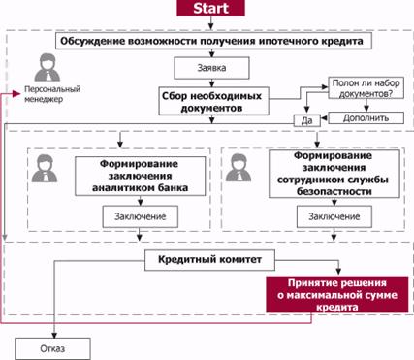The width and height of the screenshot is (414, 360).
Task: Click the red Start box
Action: point(210,8)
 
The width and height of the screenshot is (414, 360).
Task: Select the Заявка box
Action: point(211,68)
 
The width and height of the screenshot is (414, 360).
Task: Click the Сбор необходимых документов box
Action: point(213,101)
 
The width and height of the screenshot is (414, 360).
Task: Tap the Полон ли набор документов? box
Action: point(366,88)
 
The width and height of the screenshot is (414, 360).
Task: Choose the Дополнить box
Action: point(366,118)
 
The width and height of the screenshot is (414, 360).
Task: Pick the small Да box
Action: point(306,120)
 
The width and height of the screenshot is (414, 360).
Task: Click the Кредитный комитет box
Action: point(209,260)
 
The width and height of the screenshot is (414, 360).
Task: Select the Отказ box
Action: point(52,348)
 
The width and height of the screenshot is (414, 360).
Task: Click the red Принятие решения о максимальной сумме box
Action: point(336,295)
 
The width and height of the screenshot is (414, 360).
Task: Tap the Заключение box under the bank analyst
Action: point(141,216)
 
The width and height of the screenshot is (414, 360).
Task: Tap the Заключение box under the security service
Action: point(334,216)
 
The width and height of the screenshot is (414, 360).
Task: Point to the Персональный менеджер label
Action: point(52,94)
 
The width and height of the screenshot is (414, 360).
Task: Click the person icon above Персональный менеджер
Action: point(48,67)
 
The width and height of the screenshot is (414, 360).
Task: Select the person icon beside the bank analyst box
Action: point(45,169)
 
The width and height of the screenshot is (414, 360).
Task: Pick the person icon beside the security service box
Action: point(239,168)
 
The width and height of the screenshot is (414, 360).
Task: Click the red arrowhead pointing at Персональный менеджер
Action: point(16,94)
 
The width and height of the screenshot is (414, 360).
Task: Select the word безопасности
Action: point(334,191)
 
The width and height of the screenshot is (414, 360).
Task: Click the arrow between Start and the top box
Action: point(211,22)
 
